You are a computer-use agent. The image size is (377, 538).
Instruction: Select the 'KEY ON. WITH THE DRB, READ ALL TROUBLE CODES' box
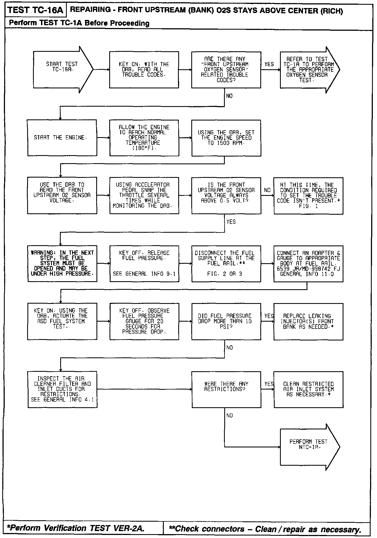(144, 70)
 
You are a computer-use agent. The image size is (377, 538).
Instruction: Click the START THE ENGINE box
(62, 138)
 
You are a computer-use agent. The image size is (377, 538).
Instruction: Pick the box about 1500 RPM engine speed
(226, 138)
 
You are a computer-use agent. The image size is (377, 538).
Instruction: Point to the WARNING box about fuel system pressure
(62, 263)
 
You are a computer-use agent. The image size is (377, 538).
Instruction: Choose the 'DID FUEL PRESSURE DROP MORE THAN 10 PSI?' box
(226, 321)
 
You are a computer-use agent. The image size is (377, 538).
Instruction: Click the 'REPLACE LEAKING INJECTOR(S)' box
(308, 321)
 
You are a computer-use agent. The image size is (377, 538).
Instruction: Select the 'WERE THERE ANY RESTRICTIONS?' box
(226, 389)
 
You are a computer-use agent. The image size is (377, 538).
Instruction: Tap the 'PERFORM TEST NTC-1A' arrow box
(308, 447)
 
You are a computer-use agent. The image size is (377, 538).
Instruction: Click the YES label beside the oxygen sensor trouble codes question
(269, 64)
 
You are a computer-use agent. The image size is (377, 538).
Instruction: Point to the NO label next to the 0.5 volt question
(267, 190)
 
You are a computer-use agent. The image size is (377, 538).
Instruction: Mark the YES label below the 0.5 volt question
(231, 222)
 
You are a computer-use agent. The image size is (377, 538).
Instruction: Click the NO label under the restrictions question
(230, 415)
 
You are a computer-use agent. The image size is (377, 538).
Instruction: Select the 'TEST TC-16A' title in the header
(35, 11)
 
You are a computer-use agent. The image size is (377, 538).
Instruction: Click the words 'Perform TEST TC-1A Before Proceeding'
(79, 23)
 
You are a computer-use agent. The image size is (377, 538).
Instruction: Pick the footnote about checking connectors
(266, 529)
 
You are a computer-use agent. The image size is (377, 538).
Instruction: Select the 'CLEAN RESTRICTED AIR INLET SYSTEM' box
(308, 389)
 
